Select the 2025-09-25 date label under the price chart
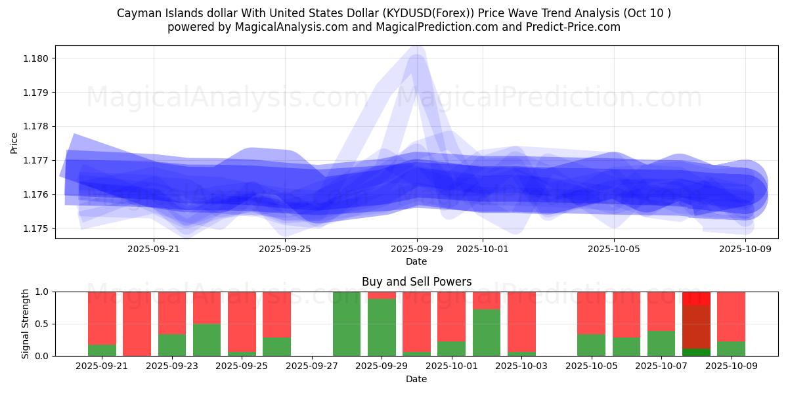point(285,249)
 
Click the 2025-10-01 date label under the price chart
point(482,249)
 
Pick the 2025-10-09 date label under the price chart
point(745,249)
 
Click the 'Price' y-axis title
point(14,142)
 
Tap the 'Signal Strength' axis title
point(25,324)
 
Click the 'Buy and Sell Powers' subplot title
point(416,282)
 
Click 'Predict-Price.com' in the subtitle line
point(576,27)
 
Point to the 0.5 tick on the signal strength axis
point(42,324)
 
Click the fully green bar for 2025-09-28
point(347,324)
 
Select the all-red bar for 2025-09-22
point(137,324)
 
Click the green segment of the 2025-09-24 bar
point(207,339)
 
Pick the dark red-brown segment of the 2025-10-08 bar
point(696,326)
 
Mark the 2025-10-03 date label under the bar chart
point(521,366)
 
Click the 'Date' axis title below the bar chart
point(416,379)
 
